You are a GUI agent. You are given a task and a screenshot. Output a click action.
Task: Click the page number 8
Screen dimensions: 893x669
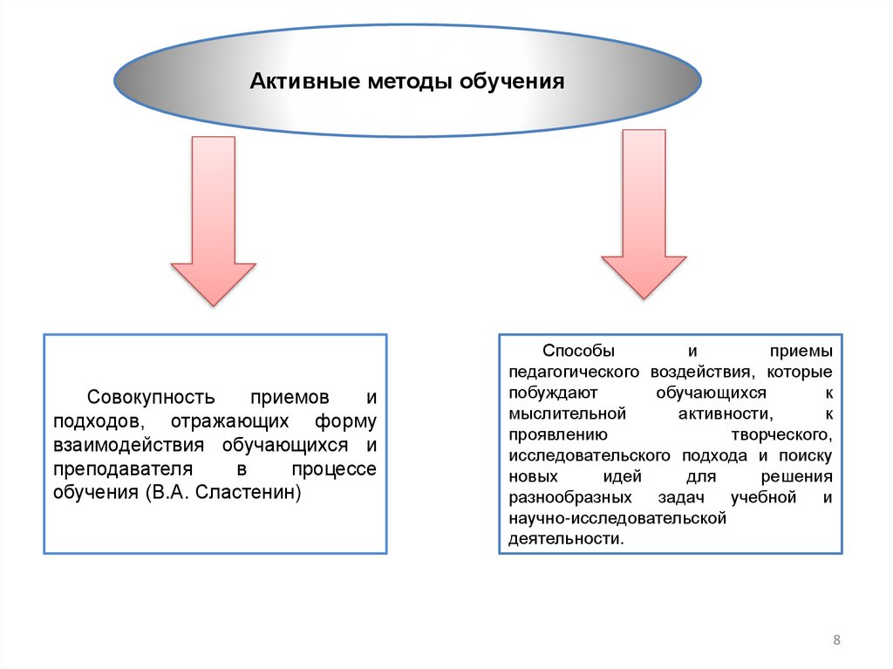[x=837, y=641]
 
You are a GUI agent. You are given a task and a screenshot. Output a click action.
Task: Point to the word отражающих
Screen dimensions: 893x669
[x=229, y=421]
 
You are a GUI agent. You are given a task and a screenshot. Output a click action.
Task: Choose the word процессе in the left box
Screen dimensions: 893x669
[x=334, y=469]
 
